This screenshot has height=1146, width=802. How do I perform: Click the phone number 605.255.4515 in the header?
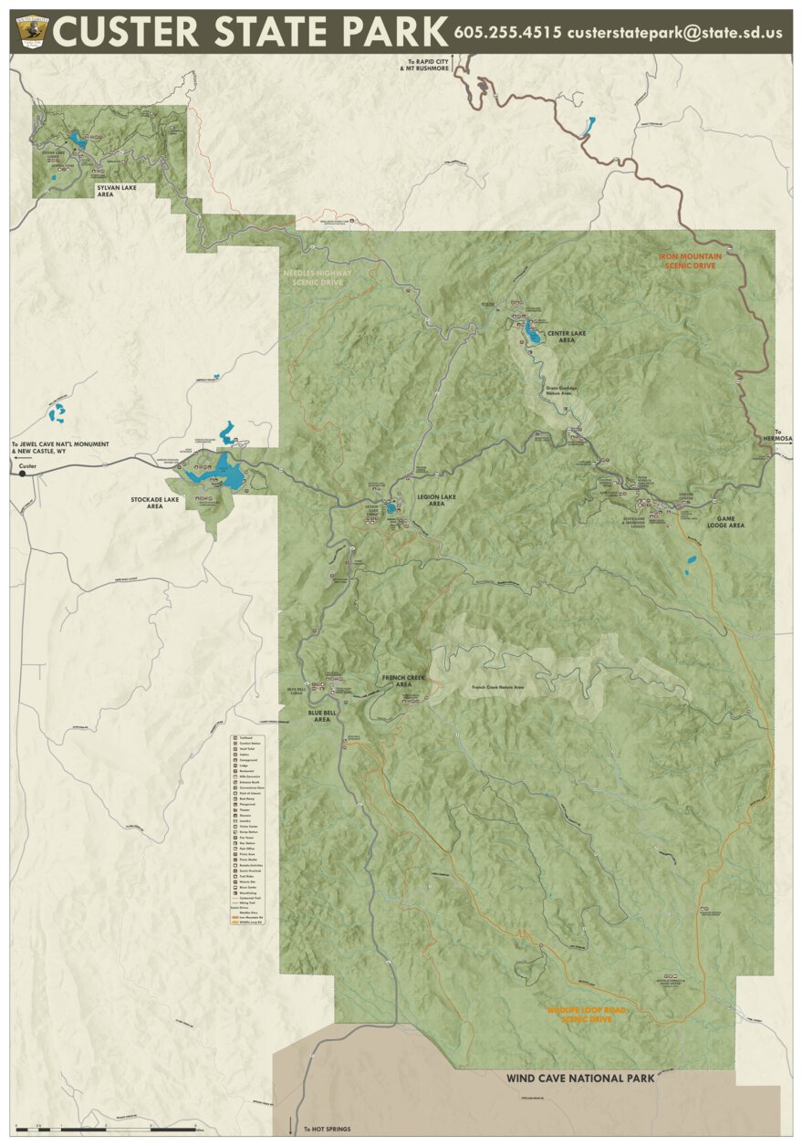(507, 32)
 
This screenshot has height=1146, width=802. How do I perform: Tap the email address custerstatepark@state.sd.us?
(674, 32)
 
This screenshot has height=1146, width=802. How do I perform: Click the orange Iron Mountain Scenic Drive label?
(690, 261)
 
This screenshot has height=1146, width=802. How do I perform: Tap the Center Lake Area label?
(560, 335)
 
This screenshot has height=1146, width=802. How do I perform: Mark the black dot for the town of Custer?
(23, 473)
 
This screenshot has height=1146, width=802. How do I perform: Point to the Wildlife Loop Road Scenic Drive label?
(579, 1015)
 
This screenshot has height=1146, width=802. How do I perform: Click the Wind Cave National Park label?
(580, 1078)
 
